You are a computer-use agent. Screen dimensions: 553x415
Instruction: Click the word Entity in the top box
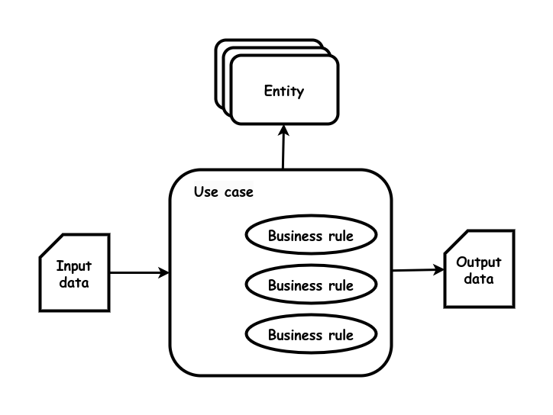pyautogui.click(x=284, y=92)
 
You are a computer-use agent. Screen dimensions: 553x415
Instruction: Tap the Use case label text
pyautogui.click(x=224, y=192)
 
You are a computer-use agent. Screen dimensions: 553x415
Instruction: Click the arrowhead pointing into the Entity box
pyautogui.click(x=283, y=130)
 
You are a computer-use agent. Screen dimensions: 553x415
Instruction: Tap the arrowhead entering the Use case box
pyautogui.click(x=163, y=272)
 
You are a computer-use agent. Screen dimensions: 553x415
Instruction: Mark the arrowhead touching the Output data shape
pyautogui.click(x=438, y=270)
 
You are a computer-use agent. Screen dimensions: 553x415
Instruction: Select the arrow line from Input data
pyautogui.click(x=140, y=272)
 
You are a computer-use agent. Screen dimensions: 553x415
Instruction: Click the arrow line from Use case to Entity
pyautogui.click(x=283, y=147)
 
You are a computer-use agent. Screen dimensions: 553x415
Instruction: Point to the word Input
pyautogui.click(x=74, y=266)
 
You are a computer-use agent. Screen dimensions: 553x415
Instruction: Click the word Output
pyautogui.click(x=479, y=262)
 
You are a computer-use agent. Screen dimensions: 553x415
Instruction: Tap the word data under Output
pyautogui.click(x=479, y=279)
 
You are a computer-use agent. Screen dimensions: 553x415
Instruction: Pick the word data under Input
pyautogui.click(x=74, y=282)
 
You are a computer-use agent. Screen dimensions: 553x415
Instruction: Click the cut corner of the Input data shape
pyautogui.click(x=52, y=245)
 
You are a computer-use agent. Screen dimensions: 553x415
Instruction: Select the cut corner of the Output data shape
pyautogui.click(x=456, y=242)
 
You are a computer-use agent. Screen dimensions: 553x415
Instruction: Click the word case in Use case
pyautogui.click(x=239, y=192)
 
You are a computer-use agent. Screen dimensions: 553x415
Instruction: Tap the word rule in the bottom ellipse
pyautogui.click(x=341, y=335)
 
